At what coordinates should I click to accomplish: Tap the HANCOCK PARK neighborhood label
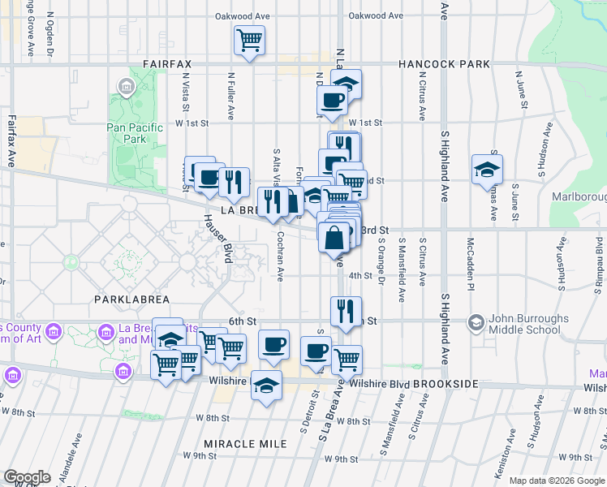tap(444, 63)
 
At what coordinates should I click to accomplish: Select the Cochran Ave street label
tap(280, 258)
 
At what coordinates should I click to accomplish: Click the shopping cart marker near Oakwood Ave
tap(249, 41)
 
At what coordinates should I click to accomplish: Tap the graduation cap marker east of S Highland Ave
tap(487, 169)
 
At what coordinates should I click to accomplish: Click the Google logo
tap(27, 477)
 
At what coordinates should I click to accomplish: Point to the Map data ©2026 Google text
tap(556, 481)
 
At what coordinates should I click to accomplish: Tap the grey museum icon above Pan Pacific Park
tap(126, 86)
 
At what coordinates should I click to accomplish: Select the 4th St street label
tap(359, 276)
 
